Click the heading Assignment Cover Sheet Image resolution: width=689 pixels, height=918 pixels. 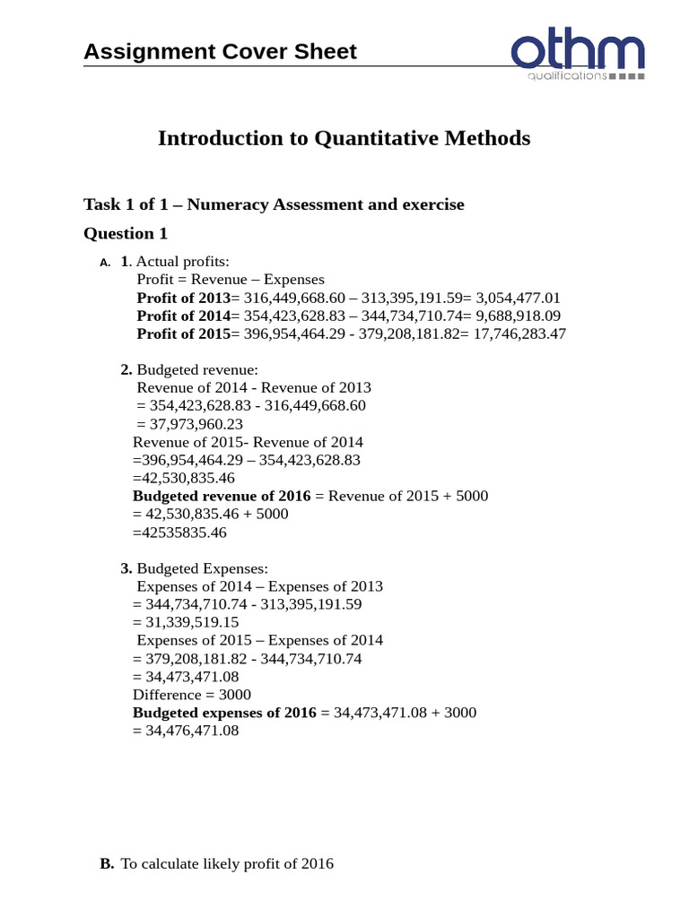point(220,51)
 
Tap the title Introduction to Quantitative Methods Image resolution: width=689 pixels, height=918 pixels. point(344,138)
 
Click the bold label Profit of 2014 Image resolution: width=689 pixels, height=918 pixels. point(183,316)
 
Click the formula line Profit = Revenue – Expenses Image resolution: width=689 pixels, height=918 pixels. point(231,280)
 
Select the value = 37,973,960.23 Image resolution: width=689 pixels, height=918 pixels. point(189,424)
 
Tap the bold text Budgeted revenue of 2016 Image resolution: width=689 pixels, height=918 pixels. point(222,496)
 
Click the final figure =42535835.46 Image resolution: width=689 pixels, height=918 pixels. point(179,533)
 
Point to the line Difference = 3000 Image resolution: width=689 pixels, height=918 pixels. point(192,695)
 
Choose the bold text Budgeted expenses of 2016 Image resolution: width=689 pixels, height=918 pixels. point(224,713)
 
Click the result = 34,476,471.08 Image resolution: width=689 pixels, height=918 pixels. point(186,731)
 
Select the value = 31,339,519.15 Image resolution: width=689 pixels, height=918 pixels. point(186,622)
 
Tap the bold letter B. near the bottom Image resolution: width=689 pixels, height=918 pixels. point(107,864)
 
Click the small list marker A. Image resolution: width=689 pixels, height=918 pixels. point(105,263)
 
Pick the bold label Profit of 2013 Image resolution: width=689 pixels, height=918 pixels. point(183,298)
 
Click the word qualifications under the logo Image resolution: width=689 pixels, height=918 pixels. point(567,77)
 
